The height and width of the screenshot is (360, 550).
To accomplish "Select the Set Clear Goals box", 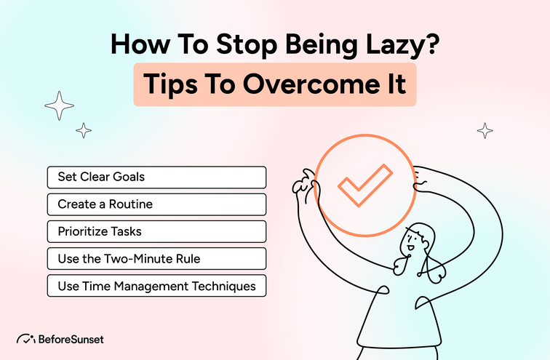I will tap(156, 177).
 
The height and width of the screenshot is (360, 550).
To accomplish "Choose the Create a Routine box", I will tap(156, 204).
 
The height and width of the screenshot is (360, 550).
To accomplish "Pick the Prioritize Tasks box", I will tap(156, 232).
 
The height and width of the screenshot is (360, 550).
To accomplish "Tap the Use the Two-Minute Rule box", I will tap(156, 259).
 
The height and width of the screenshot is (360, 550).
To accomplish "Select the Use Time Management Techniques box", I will tap(156, 286).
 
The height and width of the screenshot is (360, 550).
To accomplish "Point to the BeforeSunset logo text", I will tap(73, 339).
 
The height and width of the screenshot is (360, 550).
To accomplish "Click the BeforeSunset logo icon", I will tap(27, 339).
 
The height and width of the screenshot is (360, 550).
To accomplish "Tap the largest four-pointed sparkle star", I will tap(60, 107).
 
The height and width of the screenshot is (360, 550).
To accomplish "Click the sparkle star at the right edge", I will tap(485, 131).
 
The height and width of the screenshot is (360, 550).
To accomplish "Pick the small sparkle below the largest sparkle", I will tap(84, 131).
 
